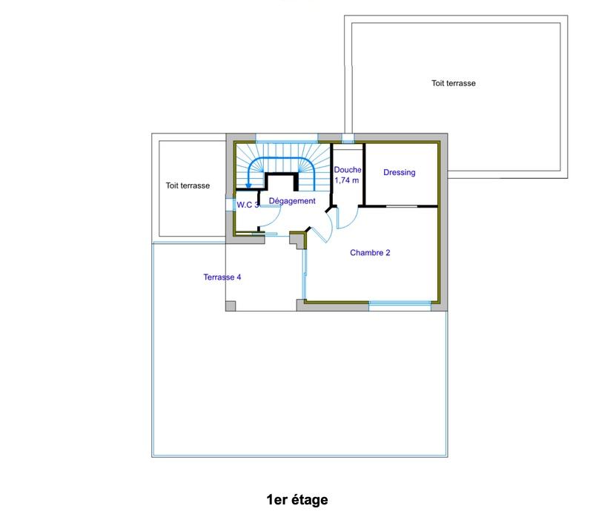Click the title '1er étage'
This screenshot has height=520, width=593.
click(x=296, y=500)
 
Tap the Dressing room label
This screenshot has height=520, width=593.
click(x=399, y=173)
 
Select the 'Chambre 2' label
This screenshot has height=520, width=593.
click(x=370, y=253)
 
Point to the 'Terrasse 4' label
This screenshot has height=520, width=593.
click(x=222, y=277)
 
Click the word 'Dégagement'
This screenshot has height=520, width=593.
click(x=292, y=201)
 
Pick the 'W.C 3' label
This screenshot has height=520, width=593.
click(x=248, y=205)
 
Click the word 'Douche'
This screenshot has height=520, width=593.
click(x=347, y=170)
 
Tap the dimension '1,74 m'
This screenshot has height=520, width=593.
click(x=347, y=180)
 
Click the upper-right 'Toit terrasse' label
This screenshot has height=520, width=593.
click(x=454, y=84)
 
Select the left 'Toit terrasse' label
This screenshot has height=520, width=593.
click(x=188, y=186)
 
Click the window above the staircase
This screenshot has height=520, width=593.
click(x=287, y=137)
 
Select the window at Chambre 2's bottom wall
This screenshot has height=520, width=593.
click(x=400, y=303)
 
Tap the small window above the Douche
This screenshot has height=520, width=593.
click(x=348, y=138)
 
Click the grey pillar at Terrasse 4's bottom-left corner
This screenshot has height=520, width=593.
click(x=231, y=306)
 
